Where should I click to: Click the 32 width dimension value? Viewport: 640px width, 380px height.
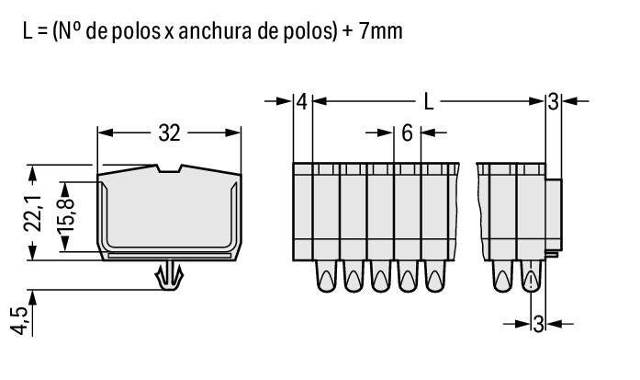[169, 132]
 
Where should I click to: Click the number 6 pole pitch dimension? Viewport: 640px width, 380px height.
[407, 132]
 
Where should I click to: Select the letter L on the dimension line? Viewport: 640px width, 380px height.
[428, 101]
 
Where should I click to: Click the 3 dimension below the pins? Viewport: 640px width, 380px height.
[538, 323]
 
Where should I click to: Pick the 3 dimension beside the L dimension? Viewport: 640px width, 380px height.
[552, 101]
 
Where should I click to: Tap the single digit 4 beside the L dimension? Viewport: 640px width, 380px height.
[302, 101]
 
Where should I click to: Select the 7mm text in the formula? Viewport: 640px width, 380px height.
[378, 31]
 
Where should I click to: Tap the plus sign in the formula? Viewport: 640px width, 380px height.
[341, 31]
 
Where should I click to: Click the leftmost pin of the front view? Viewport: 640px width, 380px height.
[326, 277]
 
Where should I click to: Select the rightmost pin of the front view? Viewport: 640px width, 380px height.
[531, 277]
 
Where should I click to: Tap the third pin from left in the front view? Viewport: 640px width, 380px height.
[380, 277]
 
